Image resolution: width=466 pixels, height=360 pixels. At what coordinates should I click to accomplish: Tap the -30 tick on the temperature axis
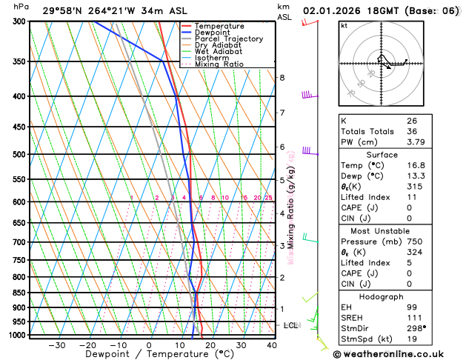pos(56,345)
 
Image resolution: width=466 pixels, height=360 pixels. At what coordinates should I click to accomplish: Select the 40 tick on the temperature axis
pos(272,345)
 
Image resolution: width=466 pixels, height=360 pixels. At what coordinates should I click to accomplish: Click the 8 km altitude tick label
pos(282,78)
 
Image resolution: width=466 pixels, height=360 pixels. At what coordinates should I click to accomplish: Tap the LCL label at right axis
pos(291,325)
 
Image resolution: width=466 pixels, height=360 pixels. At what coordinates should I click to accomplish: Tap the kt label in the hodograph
pos(344,25)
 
